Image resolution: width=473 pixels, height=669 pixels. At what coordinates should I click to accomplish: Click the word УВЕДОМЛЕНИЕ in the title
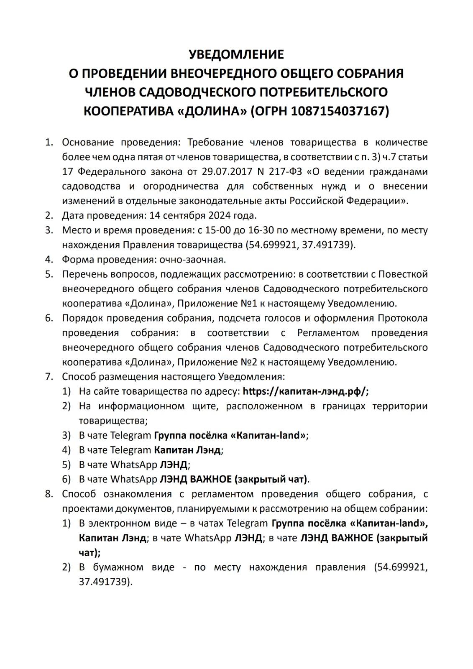[236, 54]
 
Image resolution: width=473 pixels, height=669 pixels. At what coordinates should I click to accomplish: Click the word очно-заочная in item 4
[192, 259]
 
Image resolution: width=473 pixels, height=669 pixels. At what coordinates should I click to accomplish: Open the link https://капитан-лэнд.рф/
[305, 391]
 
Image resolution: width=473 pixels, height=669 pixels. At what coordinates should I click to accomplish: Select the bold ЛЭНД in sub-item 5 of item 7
[174, 465]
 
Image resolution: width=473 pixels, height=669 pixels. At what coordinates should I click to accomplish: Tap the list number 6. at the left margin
[49, 318]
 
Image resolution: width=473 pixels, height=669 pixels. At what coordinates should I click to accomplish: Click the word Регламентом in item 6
[328, 333]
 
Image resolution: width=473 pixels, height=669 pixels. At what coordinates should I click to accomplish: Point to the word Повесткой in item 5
[403, 274]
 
